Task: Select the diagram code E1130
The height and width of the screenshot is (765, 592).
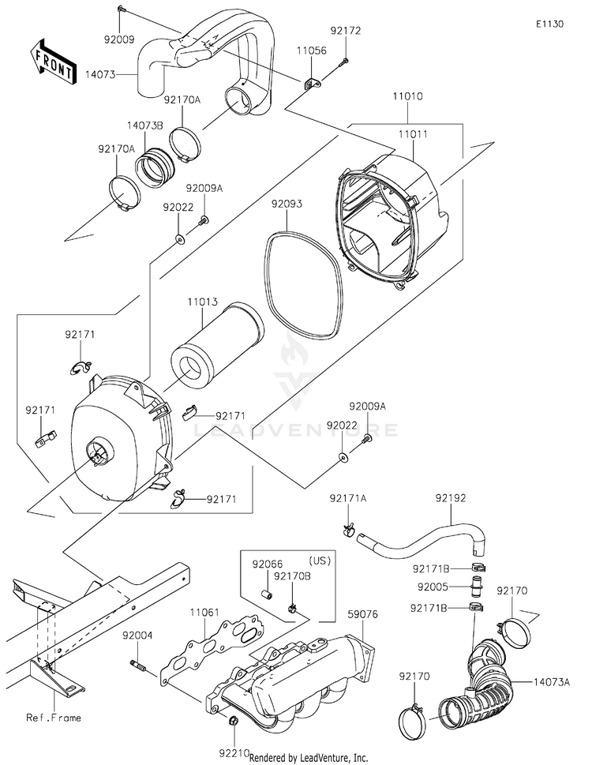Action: click(549, 24)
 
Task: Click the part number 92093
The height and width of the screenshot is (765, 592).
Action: click(287, 204)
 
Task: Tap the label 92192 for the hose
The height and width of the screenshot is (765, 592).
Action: click(451, 499)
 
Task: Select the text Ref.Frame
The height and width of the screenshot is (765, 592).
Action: click(54, 718)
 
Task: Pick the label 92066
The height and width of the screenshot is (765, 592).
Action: click(268, 564)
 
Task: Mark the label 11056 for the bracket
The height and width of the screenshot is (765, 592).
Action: click(311, 49)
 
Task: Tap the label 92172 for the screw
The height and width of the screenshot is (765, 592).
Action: click(346, 32)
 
